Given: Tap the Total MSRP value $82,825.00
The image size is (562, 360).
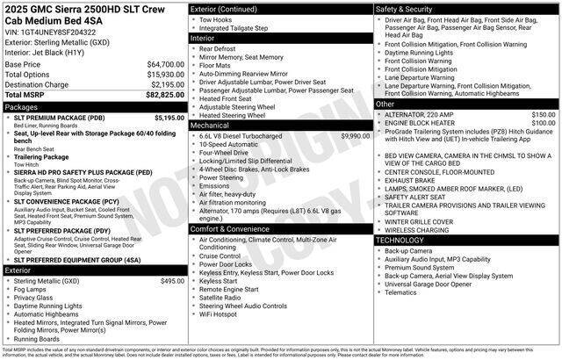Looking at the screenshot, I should click(165, 94).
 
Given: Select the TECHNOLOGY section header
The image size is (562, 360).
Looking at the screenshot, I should click(405, 240).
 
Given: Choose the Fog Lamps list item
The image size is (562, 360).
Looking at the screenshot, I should click(32, 289).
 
